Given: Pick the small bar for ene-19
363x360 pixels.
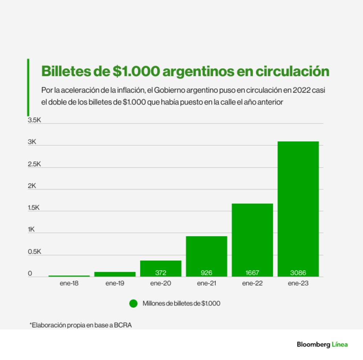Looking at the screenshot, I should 115,274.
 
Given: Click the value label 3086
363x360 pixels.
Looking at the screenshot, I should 298,273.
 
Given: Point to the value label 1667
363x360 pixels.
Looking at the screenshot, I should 252,273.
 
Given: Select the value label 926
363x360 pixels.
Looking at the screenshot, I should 207,273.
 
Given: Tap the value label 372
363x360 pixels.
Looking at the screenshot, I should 161,273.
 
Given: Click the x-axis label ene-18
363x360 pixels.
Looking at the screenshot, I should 69,283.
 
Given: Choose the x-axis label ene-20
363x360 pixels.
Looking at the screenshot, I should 161,283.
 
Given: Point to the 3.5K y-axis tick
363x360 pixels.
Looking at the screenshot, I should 34,120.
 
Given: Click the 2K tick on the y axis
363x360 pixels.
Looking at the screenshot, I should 32,186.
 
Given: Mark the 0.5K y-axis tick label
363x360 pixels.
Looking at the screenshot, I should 34,251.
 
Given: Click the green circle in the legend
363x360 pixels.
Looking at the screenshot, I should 134,303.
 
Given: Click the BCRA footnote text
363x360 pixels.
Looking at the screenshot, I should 80,325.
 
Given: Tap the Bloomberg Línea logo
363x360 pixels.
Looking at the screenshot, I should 322,344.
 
